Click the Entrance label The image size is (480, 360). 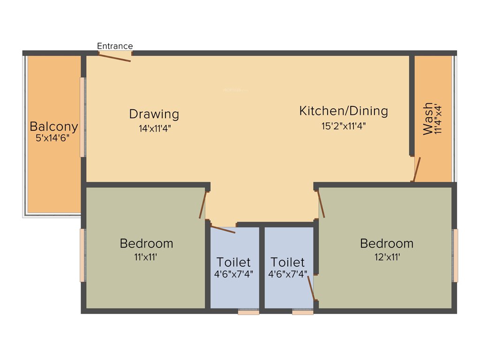click(115, 46)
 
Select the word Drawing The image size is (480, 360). click(154, 114)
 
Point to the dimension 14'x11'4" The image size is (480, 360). click(154, 128)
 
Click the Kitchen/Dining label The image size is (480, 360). click(344, 111)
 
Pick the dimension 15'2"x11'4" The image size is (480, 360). click(344, 126)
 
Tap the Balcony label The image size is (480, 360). click(53, 127)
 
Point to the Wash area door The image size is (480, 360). click(416, 169)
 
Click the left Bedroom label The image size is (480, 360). click(146, 244)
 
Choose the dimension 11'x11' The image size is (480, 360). click(146, 257)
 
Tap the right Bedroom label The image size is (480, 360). click(387, 244)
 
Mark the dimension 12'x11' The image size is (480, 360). click(387, 257)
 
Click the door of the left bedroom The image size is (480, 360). click(203, 205)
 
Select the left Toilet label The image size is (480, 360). click(233, 262)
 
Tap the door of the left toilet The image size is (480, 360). click(223, 229)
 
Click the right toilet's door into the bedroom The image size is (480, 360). click(311, 287)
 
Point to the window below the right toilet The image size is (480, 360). click(302, 312)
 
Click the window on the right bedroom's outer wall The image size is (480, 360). click(455, 255)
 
